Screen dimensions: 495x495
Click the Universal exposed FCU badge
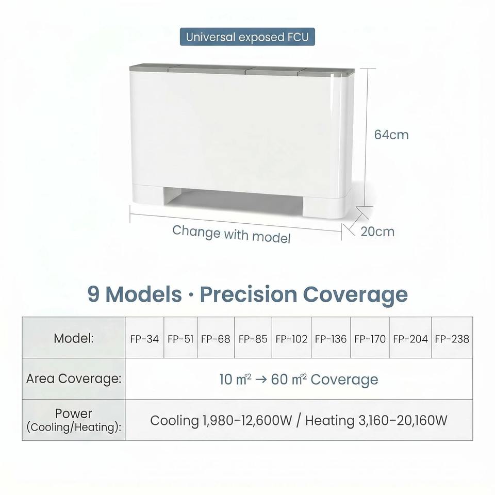point(247,37)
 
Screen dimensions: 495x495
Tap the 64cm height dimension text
point(391,135)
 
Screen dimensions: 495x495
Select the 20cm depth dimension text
point(377,232)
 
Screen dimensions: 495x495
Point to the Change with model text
point(232,234)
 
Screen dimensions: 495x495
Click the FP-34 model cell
point(144,337)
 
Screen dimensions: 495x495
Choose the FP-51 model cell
point(180,337)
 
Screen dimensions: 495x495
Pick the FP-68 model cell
point(216,337)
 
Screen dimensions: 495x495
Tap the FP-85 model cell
point(253,337)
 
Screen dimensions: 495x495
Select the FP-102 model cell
point(291,337)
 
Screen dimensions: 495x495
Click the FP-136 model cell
point(331,337)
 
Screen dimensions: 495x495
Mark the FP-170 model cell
point(370,337)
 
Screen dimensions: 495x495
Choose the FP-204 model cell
point(410,337)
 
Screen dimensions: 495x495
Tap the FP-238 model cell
point(452,337)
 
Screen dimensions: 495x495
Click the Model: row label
point(74,338)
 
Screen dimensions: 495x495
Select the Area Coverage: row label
point(74,378)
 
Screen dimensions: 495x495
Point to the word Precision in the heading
point(249,294)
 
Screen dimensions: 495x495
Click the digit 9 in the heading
point(93,294)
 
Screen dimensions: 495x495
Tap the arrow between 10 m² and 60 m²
point(261,379)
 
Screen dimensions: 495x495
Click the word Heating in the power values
point(330,421)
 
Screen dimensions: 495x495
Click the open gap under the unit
point(234,198)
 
